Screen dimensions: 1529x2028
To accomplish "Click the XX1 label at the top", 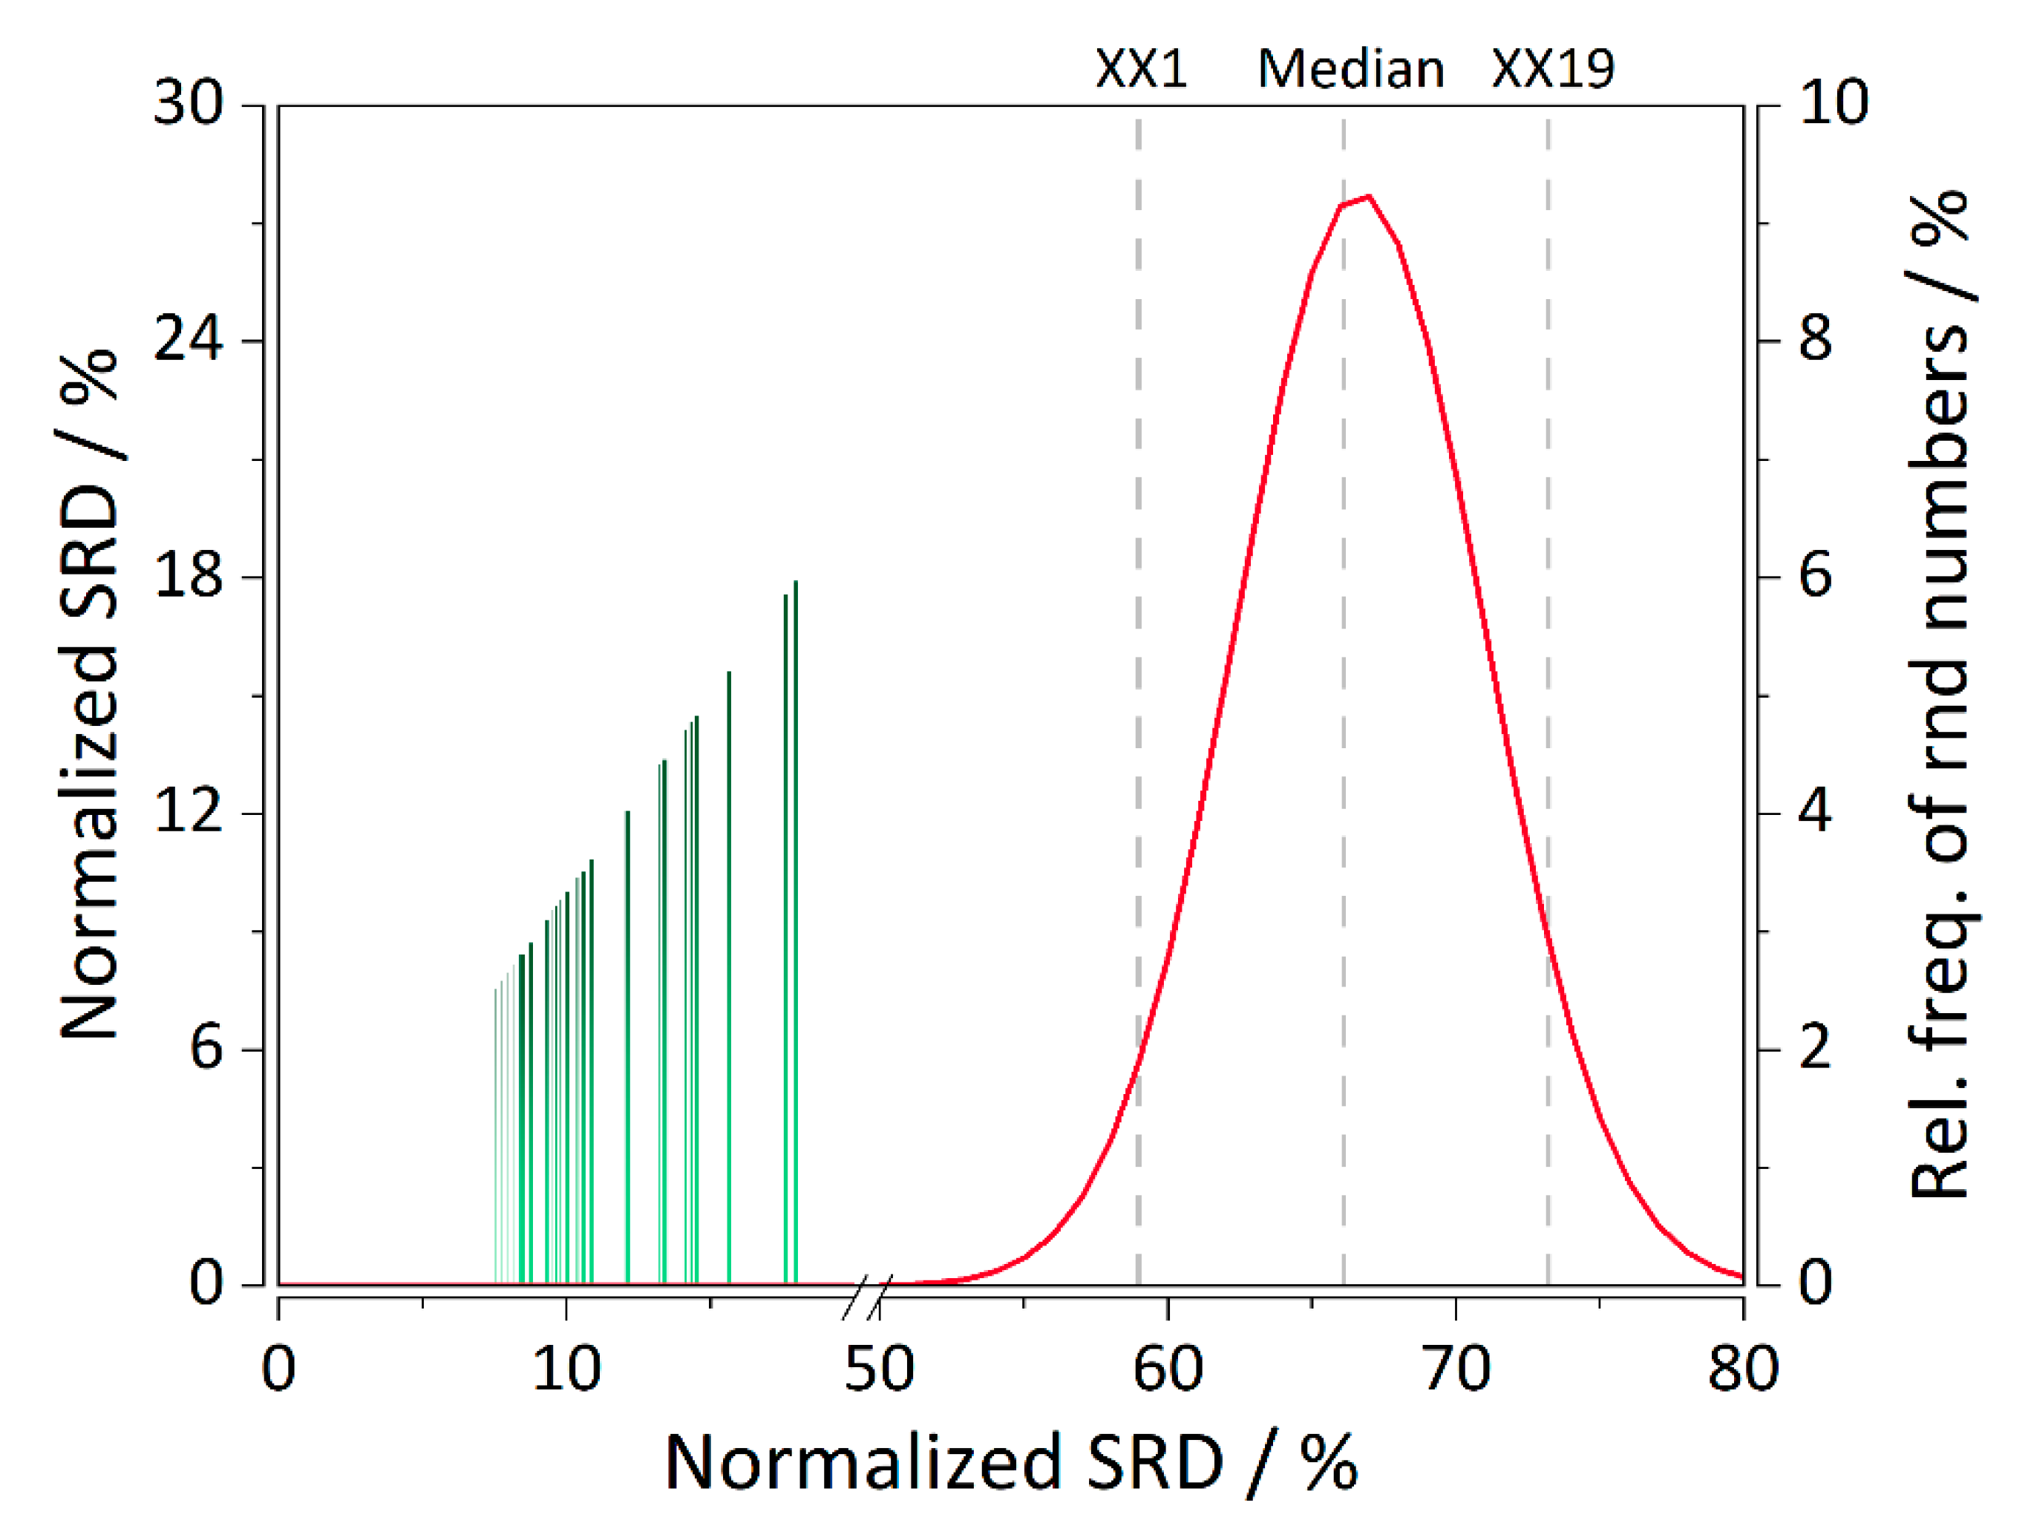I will [1142, 69].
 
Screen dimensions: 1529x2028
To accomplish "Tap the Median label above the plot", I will [1350, 69].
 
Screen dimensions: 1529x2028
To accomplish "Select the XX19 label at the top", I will [1553, 69].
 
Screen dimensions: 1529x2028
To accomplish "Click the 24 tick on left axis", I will [189, 339].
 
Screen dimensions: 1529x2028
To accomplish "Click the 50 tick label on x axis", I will [879, 1369].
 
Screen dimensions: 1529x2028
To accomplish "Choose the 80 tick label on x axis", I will [1743, 1369].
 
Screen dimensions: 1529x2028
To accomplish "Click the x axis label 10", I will [566, 1369].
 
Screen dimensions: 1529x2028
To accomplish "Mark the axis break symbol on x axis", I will [866, 1297].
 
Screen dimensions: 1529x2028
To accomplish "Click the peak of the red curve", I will [1369, 196].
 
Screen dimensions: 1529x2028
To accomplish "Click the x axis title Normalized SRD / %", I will [1010, 1463].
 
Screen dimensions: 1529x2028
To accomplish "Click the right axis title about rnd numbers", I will [1942, 694].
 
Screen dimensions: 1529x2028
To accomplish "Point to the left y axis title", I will [89, 694].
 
